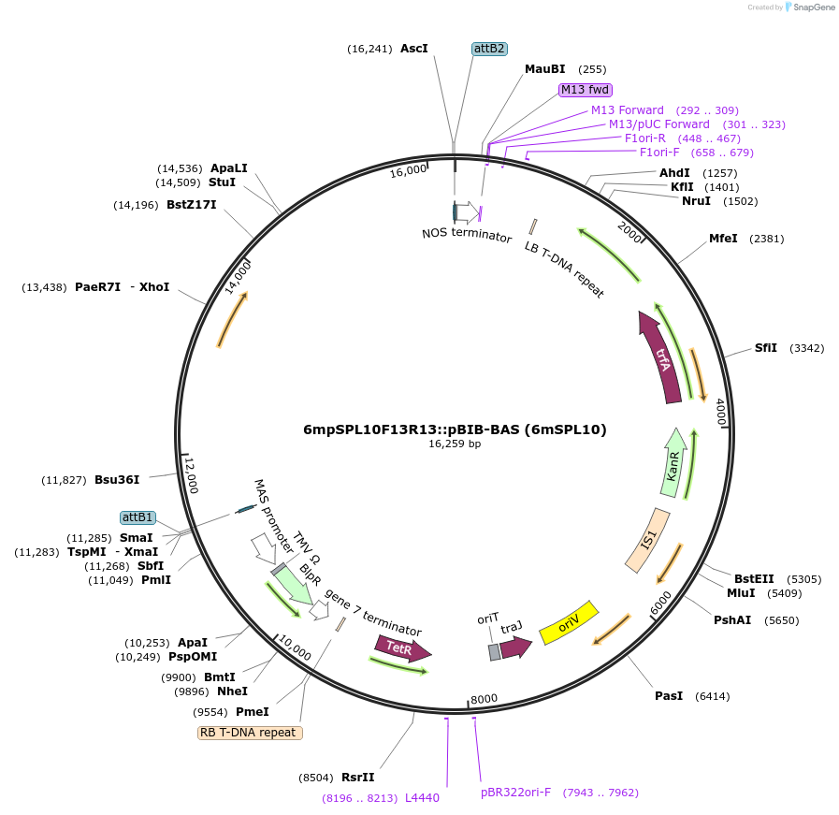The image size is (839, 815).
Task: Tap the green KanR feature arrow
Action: [673, 464]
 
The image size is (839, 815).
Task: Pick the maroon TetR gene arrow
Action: [402, 648]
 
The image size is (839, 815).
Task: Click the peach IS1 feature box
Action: [647, 541]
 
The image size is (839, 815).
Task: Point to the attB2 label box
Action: [489, 49]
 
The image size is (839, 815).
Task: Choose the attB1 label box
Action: [138, 517]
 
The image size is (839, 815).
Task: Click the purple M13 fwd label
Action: [586, 90]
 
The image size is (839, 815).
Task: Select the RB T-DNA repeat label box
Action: [250, 733]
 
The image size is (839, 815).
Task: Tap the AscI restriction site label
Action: [414, 49]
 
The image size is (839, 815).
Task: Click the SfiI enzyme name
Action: [766, 348]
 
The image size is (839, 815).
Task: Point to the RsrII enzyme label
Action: [357, 778]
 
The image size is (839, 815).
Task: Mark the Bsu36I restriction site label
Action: [117, 480]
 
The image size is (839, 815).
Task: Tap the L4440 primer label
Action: [422, 798]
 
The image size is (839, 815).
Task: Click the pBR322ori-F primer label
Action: [516, 793]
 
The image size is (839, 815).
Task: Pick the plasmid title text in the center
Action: [455, 429]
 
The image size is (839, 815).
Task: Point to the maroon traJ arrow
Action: [515, 647]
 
